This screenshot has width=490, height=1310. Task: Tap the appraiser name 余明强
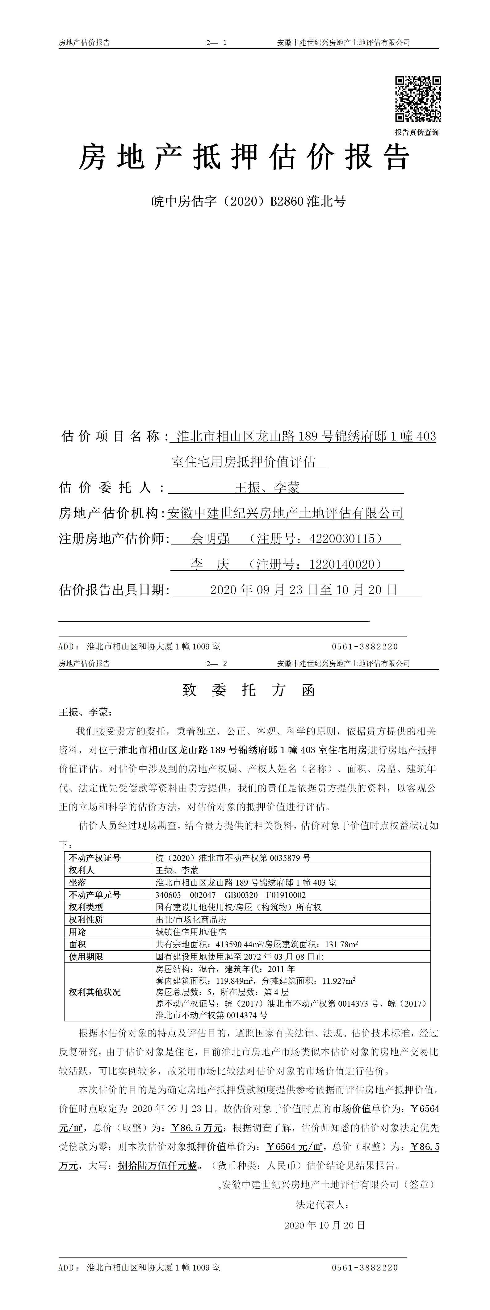(210, 539)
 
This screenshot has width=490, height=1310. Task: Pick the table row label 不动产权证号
(95, 858)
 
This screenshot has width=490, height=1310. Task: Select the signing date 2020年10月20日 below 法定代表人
(325, 1225)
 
